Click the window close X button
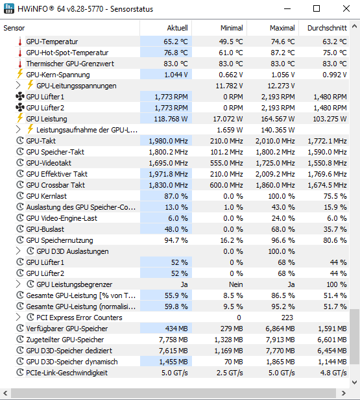click(x=346, y=8)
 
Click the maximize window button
click(x=316, y=8)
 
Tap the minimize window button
click(x=287, y=9)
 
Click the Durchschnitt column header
click(x=327, y=28)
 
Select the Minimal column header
click(x=232, y=28)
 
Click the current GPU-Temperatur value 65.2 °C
click(x=176, y=42)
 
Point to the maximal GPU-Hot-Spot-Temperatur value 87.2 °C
click(x=283, y=53)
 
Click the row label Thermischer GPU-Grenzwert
click(x=70, y=64)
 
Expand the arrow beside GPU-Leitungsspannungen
click(x=18, y=86)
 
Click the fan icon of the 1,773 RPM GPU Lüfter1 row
click(x=20, y=97)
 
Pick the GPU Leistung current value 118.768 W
click(x=171, y=119)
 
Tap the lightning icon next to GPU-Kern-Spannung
click(x=20, y=74)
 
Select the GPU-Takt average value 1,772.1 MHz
click(x=327, y=141)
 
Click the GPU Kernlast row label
click(x=46, y=196)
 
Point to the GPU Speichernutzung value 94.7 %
click(x=176, y=240)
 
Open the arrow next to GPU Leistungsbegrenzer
click(x=18, y=284)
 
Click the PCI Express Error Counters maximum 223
click(x=287, y=318)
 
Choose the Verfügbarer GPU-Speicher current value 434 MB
click(x=176, y=329)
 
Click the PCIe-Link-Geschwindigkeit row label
click(x=67, y=373)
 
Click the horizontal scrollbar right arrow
click(x=343, y=393)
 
